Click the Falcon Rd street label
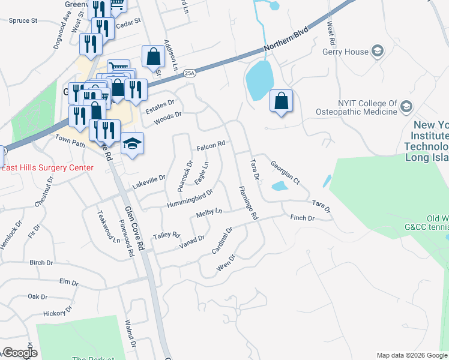[x=211, y=145]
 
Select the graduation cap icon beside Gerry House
[x=378, y=51]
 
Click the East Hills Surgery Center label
[x=47, y=167]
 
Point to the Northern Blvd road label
[x=285, y=40]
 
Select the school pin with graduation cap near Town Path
[x=132, y=144]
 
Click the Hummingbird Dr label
[x=195, y=197]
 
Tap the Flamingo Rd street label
[x=248, y=202]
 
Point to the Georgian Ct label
[x=285, y=172]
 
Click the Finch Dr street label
[x=303, y=218]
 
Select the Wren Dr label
[x=225, y=262]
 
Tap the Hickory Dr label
[x=58, y=312]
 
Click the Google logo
[x=19, y=353]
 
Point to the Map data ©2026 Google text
[x=411, y=355]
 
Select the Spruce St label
[x=23, y=20]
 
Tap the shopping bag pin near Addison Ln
[x=153, y=57]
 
